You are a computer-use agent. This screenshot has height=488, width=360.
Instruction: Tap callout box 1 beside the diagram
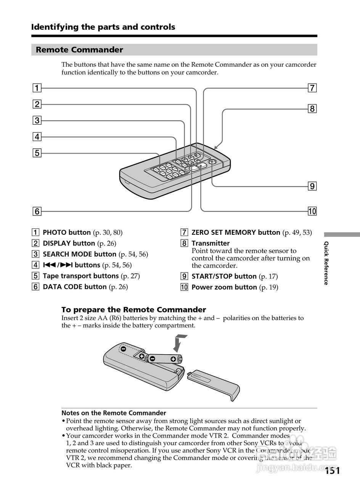(37, 88)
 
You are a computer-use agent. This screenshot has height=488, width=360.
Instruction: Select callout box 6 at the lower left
(37, 211)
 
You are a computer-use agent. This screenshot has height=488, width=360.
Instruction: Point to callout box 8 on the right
(312, 109)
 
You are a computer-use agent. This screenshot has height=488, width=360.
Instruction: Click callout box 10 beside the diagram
(312, 211)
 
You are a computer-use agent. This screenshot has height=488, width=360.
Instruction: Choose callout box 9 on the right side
(312, 186)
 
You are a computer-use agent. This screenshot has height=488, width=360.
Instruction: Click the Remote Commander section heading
(79, 50)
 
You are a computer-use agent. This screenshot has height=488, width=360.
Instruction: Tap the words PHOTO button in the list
(67, 233)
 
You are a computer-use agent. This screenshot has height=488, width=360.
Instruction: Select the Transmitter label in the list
(211, 243)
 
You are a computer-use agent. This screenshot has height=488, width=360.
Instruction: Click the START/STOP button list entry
(224, 276)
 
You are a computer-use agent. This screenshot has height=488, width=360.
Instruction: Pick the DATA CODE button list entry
(75, 287)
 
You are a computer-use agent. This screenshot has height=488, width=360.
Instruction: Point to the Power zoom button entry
(224, 287)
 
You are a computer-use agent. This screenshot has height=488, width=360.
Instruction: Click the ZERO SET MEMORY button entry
(236, 233)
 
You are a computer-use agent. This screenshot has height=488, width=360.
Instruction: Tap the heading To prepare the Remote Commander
(133, 310)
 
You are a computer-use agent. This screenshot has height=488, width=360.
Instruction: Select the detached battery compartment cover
(214, 382)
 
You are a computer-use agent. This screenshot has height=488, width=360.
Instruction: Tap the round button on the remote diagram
(212, 162)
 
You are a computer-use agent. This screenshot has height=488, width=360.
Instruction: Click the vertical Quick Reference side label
(326, 263)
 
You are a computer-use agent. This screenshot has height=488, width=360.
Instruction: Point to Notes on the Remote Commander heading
(114, 413)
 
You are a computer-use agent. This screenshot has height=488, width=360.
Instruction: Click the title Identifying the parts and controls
(103, 27)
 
